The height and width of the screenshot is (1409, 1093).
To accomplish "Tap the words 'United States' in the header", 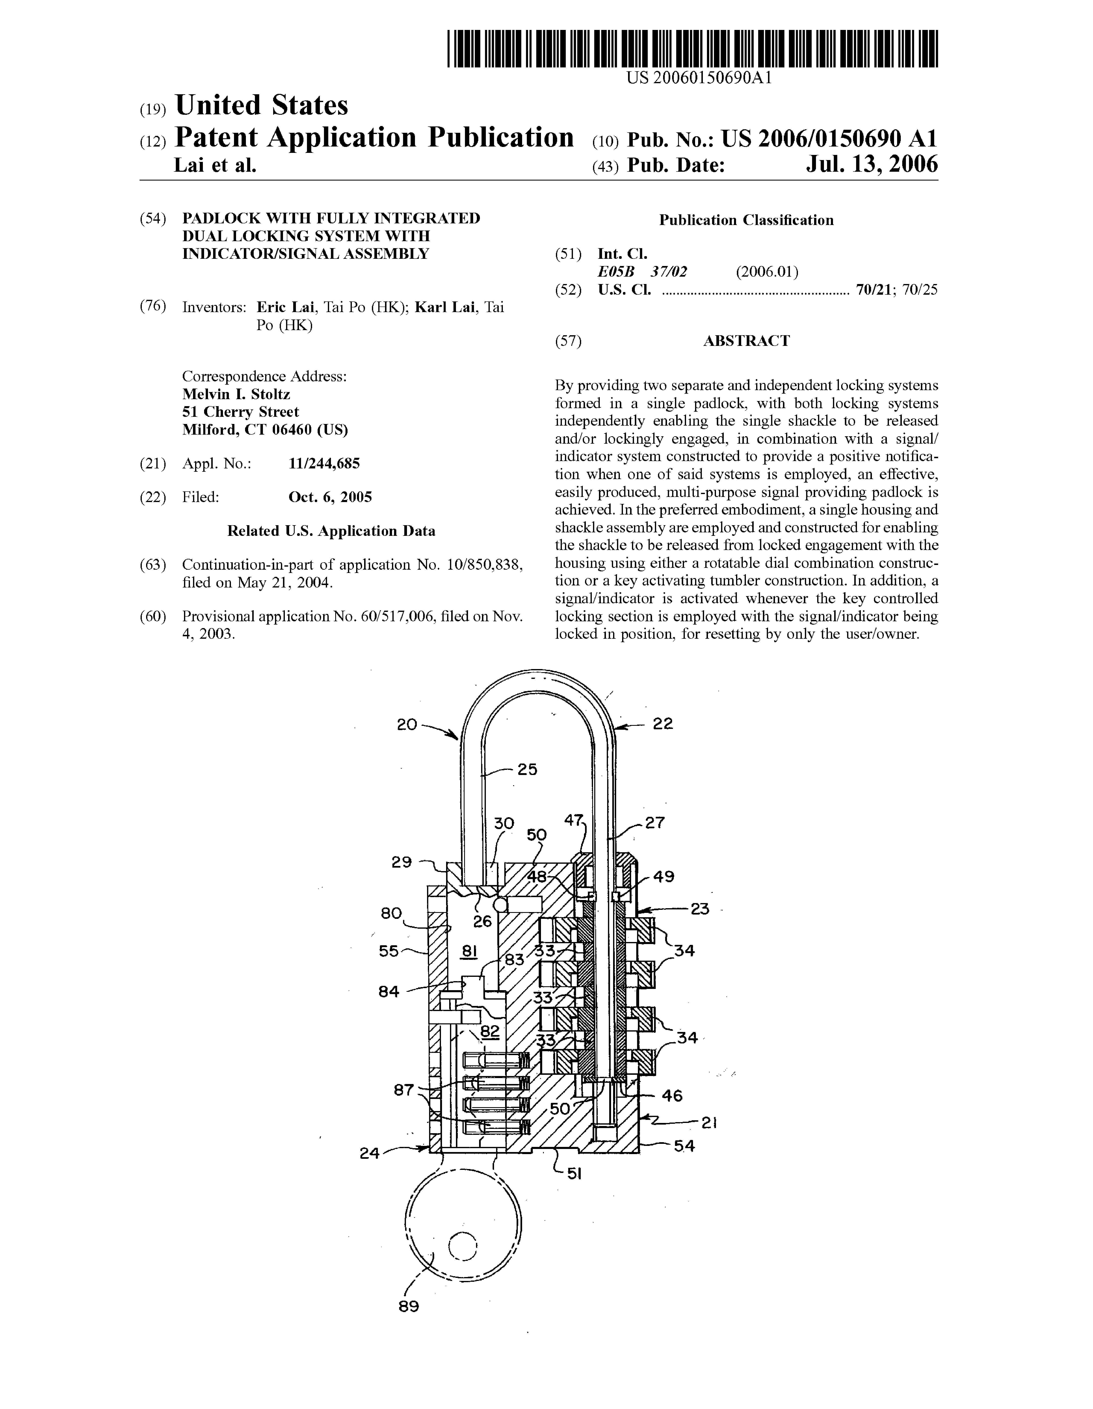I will pos(261,105).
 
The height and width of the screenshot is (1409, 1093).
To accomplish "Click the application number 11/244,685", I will pos(324,463).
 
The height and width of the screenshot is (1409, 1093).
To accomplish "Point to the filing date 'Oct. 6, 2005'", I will pos(330,497).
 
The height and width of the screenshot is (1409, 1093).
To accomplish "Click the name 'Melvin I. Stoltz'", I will pos(236,394).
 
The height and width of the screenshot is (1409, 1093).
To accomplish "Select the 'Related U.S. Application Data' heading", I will pos(331,531).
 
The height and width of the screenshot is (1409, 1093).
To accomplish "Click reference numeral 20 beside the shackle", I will pos(407,725).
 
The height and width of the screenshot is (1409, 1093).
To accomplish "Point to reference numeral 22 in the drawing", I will pos(663,724).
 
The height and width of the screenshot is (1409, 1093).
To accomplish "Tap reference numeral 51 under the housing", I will pos(574,1174).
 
